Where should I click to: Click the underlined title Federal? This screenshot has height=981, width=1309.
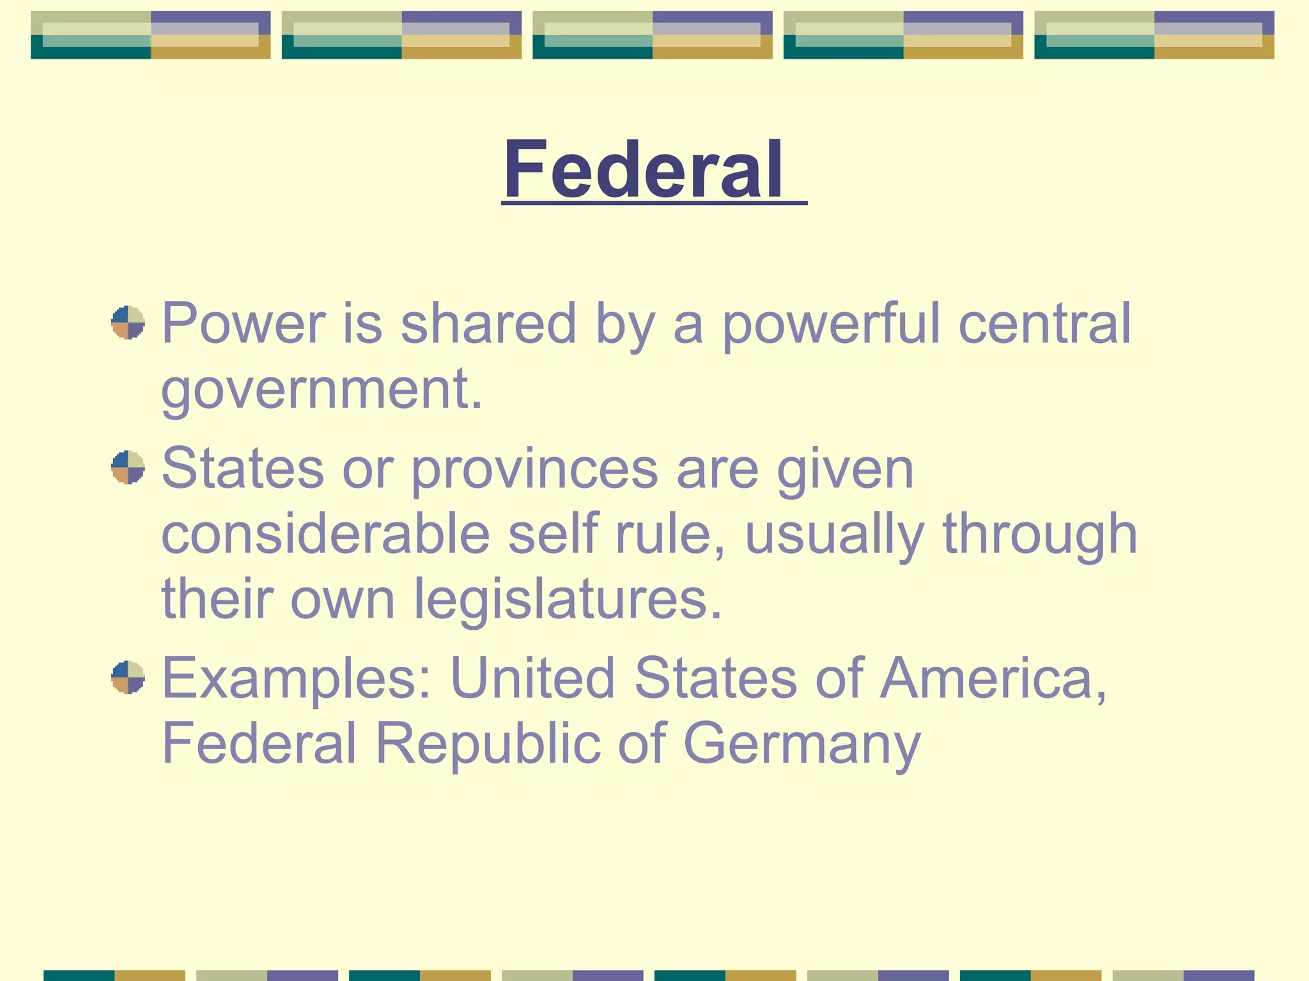(x=643, y=169)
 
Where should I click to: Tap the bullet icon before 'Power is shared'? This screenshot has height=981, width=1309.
(x=128, y=323)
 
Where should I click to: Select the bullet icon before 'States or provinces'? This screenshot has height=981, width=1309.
(x=128, y=468)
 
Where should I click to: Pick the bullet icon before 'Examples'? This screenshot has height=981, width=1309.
(x=128, y=677)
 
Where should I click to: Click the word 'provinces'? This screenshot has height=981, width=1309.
(x=534, y=469)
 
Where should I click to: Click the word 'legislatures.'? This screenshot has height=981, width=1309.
(x=568, y=600)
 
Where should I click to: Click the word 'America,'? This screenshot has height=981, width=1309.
(x=994, y=678)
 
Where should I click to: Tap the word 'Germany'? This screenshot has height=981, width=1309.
(x=802, y=745)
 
